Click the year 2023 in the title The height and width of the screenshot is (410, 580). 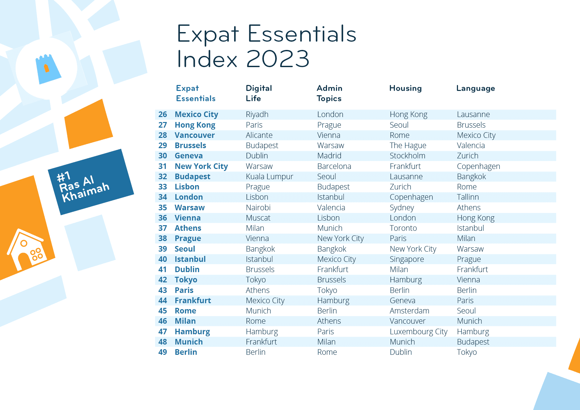click(x=278, y=59)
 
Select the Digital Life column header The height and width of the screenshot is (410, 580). click(x=259, y=93)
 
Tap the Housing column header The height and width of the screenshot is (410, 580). click(x=405, y=88)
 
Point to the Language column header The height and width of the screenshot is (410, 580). click(x=476, y=88)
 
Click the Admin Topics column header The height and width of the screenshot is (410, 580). click(x=329, y=93)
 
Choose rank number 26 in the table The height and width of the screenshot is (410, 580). click(x=163, y=114)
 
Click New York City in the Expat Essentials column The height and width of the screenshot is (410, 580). click(x=201, y=166)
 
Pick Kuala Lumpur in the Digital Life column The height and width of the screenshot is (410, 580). click(x=269, y=177)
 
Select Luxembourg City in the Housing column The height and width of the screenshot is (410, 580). click(x=418, y=332)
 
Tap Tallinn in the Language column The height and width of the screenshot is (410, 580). click(x=468, y=197)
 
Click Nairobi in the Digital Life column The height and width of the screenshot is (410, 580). click(x=258, y=208)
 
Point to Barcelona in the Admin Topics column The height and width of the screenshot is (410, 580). click(x=334, y=166)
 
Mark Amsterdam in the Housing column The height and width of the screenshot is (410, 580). click(x=409, y=311)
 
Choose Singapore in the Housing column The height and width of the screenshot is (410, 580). click(x=407, y=259)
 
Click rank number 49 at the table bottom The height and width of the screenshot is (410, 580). click(x=163, y=352)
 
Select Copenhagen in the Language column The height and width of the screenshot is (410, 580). click(x=478, y=166)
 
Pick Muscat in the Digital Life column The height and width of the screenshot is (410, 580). click(x=258, y=218)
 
